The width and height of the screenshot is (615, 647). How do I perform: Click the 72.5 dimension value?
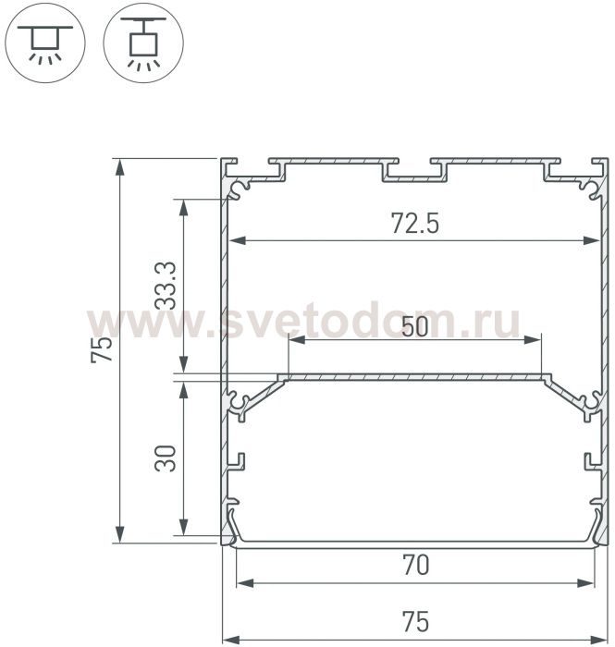[415, 224]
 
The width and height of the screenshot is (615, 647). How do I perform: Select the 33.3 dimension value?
[166, 286]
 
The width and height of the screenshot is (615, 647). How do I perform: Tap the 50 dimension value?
[414, 327]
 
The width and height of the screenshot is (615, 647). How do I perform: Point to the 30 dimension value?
[166, 458]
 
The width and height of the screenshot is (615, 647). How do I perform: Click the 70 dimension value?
[415, 565]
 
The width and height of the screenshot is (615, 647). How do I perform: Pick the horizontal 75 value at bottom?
[415, 621]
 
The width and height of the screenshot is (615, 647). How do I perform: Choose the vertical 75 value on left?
[102, 349]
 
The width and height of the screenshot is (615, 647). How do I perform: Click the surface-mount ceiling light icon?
[44, 43]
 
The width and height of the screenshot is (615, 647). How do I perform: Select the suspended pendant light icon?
[143, 43]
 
